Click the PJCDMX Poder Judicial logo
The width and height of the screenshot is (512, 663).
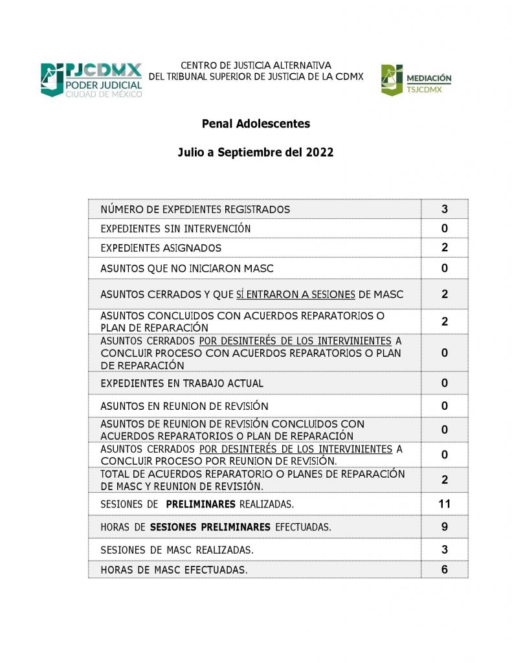pyautogui.click(x=91, y=80)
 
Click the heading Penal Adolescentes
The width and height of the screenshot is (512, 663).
pyautogui.click(x=256, y=124)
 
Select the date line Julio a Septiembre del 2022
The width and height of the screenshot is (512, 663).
pyautogui.click(x=256, y=153)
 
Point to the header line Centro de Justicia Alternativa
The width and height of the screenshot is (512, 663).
pyautogui.click(x=256, y=65)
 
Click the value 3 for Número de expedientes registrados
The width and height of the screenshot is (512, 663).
pyautogui.click(x=445, y=209)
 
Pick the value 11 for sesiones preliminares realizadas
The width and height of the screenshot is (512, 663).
pyautogui.click(x=445, y=504)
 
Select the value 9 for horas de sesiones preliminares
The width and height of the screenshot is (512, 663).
pyautogui.click(x=445, y=526)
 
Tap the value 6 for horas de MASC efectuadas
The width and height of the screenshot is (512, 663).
pyautogui.click(x=445, y=570)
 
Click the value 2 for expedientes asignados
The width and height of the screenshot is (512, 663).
pyautogui.click(x=445, y=247)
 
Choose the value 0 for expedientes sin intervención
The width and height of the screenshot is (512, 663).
pyautogui.click(x=445, y=229)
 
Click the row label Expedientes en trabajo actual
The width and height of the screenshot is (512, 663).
pyautogui.click(x=182, y=383)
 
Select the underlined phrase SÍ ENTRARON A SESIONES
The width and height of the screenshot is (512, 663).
pyautogui.click(x=295, y=295)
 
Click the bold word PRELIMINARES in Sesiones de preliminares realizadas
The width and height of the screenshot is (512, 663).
pyautogui.click(x=201, y=504)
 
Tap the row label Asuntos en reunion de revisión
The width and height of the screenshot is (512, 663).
pyautogui.click(x=184, y=407)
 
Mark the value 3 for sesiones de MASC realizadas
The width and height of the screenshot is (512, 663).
pyautogui.click(x=445, y=549)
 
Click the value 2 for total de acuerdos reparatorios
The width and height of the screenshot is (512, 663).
pyautogui.click(x=445, y=480)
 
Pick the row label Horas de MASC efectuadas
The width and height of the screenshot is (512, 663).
pyautogui.click(x=174, y=570)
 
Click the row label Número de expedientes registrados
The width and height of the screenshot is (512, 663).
pyautogui.click(x=195, y=210)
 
